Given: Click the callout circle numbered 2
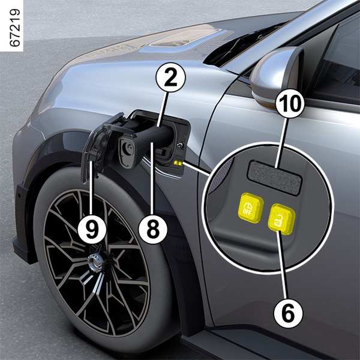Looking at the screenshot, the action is [x=170, y=77].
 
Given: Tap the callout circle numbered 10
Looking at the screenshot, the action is [x=290, y=103].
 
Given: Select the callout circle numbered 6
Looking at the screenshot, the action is [x=289, y=313].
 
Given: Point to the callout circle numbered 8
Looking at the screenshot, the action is [x=153, y=229].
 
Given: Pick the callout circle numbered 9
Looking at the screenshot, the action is [x=92, y=229].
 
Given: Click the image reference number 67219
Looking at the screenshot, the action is [x=14, y=28].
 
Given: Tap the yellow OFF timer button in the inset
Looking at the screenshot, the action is [x=250, y=208].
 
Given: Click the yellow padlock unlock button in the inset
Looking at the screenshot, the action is [x=281, y=219].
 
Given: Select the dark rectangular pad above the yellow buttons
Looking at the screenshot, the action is [x=274, y=178].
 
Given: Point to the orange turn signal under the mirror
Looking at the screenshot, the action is [x=264, y=101].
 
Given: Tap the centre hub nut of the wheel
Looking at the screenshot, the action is [x=95, y=262].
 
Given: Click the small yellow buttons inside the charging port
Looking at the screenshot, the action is [x=178, y=163].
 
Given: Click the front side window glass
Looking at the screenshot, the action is [x=337, y=59].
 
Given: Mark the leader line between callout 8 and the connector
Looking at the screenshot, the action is [x=152, y=178].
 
